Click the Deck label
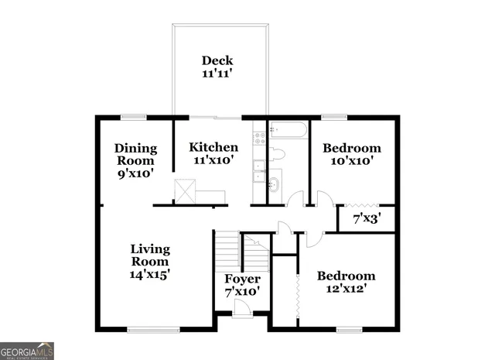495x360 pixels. point(217,67)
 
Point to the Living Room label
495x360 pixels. point(150,255)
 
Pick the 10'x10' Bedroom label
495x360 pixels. point(352,155)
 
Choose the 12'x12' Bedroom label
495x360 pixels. point(347,282)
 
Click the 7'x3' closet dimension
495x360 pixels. point(367,219)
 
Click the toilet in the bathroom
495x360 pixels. point(278,155)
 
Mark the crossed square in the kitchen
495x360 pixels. point(185,190)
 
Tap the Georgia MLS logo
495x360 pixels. point(27,350)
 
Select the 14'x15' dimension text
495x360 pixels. point(150,273)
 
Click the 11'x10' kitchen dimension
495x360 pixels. point(213,161)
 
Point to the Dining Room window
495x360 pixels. point(133,118)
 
